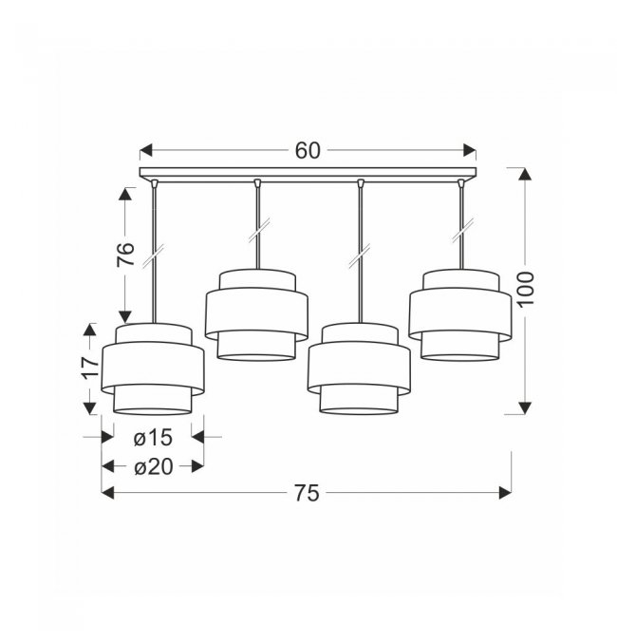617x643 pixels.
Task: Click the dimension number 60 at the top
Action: (x=308, y=150)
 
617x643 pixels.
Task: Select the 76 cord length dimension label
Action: (x=126, y=255)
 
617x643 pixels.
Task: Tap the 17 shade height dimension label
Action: (x=91, y=369)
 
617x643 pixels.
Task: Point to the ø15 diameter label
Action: (x=153, y=438)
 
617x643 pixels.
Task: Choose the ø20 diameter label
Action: (x=154, y=466)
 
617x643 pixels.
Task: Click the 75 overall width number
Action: (x=307, y=493)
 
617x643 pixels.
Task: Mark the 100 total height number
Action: (x=526, y=289)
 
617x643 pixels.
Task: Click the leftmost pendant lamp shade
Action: (x=153, y=369)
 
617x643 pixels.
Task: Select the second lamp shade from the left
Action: (x=256, y=315)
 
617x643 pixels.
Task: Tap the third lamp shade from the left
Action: (x=359, y=369)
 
